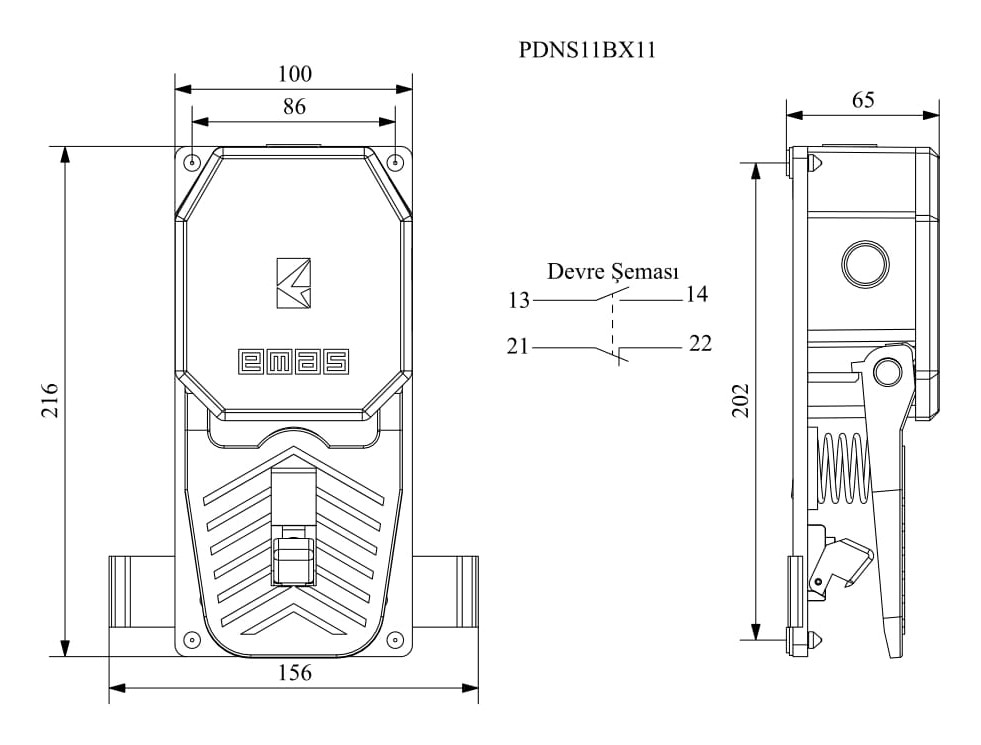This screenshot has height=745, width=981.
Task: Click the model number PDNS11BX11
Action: click(x=587, y=50)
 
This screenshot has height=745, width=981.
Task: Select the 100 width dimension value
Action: click(x=295, y=74)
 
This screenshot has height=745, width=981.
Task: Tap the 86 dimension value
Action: click(x=293, y=107)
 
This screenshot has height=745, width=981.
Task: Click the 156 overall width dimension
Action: click(x=294, y=673)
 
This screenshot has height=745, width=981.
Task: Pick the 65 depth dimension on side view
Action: click(x=862, y=99)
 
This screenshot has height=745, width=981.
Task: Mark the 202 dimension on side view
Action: click(x=741, y=400)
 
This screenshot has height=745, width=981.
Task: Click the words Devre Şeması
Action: click(x=613, y=272)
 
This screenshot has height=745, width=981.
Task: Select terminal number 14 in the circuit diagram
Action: click(x=696, y=294)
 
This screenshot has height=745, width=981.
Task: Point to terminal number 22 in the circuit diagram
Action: click(x=700, y=344)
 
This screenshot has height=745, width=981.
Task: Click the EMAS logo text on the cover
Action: click(x=293, y=362)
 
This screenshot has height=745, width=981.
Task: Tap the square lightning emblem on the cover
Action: click(x=293, y=283)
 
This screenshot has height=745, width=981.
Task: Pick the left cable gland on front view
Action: click(x=131, y=591)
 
